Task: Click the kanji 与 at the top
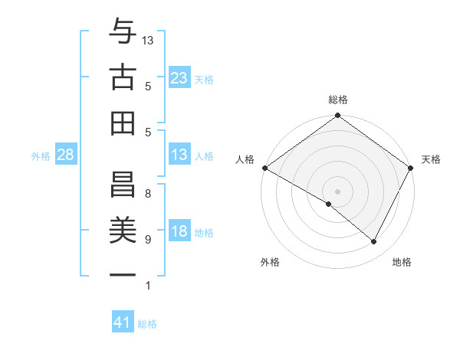pos(123,33)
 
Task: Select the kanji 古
pos(123,77)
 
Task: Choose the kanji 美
pos(123,227)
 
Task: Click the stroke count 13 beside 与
pos(149,39)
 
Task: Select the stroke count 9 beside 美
pos(147,240)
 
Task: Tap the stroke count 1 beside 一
pos(147,286)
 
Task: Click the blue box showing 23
pos(179,77)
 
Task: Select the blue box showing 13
pos(179,155)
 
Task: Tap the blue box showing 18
pos(179,232)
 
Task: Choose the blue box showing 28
pos(66,155)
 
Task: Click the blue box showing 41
pos(123,322)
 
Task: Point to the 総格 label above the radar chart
pos(338,100)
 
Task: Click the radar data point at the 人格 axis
pos(264,168)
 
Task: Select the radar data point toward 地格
pos(374,242)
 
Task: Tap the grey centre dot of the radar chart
pos(337,191)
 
